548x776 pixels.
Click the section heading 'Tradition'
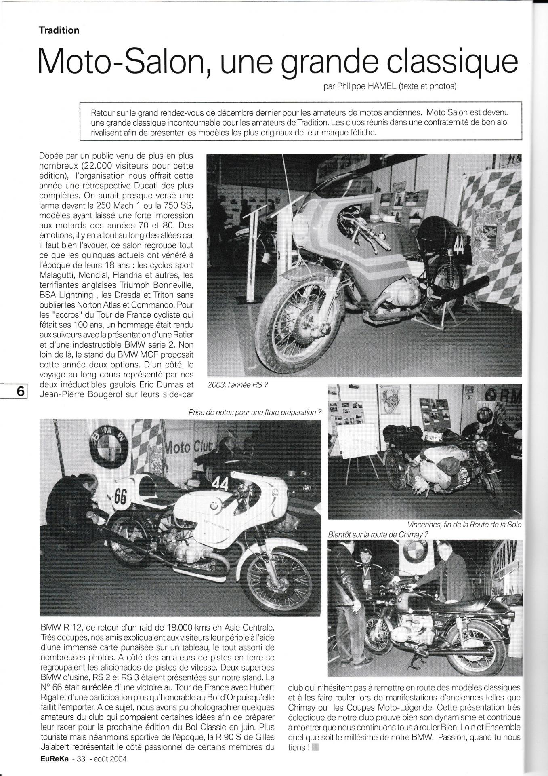[x=59, y=30]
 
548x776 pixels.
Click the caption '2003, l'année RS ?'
[x=237, y=385]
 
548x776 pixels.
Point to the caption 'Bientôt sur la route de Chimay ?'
[x=378, y=534]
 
